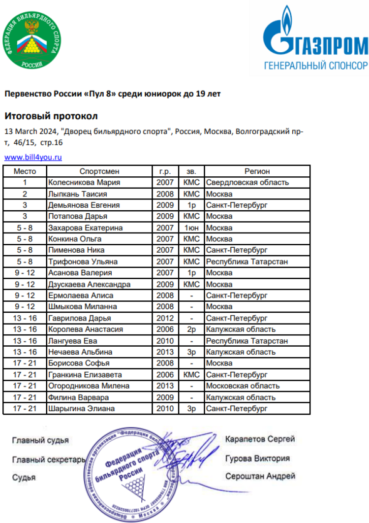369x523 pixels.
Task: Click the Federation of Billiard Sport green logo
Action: coord(32,40)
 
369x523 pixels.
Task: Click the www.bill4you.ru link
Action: coord(33,158)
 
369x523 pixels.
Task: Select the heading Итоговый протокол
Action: coord(51,116)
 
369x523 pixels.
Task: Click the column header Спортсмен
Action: coord(99,171)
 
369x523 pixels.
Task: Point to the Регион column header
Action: coord(257,171)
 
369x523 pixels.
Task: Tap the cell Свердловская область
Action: coord(247,183)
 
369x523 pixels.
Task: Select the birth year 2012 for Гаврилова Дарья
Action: coord(165,318)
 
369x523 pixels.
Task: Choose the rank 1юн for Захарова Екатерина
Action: coord(191,228)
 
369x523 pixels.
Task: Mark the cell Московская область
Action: coord(243,386)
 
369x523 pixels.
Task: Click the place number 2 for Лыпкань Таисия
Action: coord(25,194)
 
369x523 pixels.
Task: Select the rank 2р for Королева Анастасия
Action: coord(191,329)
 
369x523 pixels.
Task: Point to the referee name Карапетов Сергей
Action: coord(260,439)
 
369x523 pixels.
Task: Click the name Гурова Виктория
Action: coord(257,458)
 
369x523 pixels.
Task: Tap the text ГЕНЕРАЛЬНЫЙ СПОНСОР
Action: coord(316,65)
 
